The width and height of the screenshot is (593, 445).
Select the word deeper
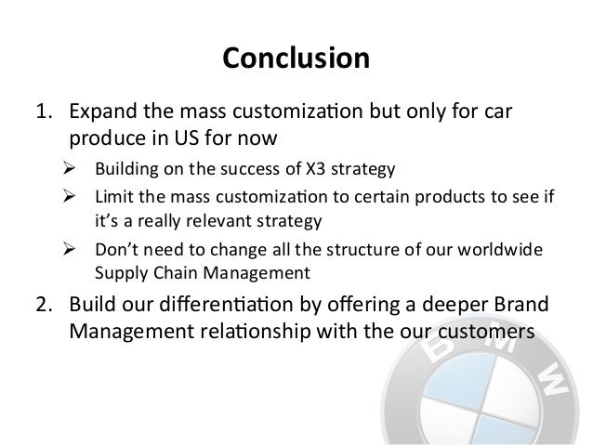(455, 308)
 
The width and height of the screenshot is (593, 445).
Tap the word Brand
(525, 308)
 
